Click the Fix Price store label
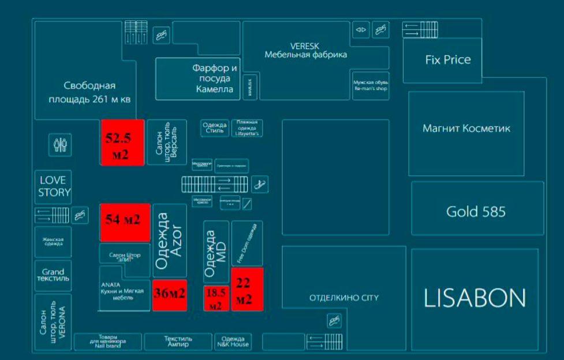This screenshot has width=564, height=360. (447, 59)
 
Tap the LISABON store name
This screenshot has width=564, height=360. (475, 298)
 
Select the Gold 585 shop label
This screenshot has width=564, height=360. (476, 212)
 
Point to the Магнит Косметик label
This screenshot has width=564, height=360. (466, 127)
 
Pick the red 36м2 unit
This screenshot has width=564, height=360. (169, 294)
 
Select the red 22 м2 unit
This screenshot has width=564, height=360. (247, 289)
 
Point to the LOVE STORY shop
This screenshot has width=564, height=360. (52, 187)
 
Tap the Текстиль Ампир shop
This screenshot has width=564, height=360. (178, 341)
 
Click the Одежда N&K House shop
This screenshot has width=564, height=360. (233, 341)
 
